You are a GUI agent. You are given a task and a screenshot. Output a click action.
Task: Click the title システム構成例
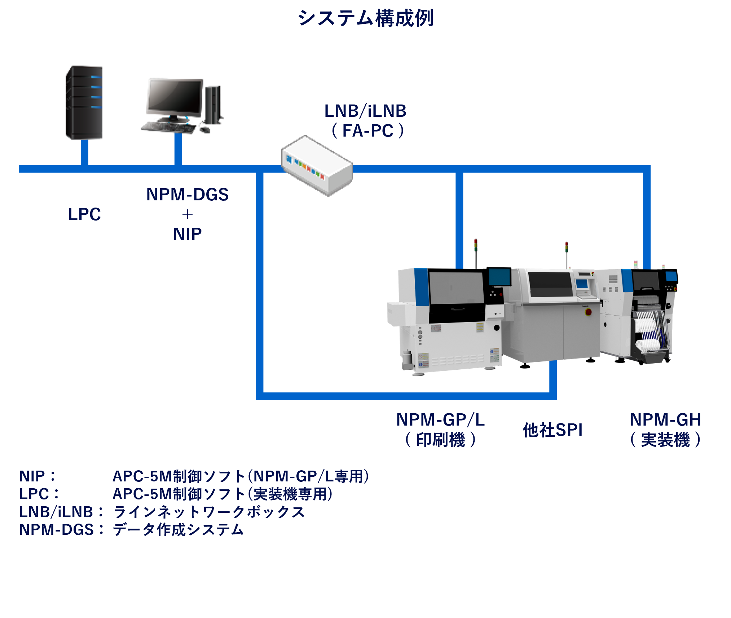click(365, 18)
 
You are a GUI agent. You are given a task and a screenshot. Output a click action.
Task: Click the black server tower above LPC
click(84, 103)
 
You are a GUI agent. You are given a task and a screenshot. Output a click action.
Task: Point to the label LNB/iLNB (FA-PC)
click(365, 121)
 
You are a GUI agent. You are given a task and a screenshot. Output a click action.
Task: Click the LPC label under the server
click(84, 214)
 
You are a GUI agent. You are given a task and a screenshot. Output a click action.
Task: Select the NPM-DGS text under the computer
click(187, 195)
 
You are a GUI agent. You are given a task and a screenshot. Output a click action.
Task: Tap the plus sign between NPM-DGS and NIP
click(187, 214)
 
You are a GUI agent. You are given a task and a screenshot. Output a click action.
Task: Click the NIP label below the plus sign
click(187, 234)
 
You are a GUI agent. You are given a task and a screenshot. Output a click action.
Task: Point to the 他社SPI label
click(552, 430)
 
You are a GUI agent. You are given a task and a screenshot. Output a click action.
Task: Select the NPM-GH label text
click(665, 420)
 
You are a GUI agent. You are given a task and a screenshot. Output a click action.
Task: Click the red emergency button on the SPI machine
click(588, 312)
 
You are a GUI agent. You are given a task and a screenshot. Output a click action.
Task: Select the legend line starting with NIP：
click(194, 476)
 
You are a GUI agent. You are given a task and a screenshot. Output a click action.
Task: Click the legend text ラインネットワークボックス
click(209, 512)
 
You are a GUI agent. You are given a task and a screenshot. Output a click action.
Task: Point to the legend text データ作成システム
click(178, 530)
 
